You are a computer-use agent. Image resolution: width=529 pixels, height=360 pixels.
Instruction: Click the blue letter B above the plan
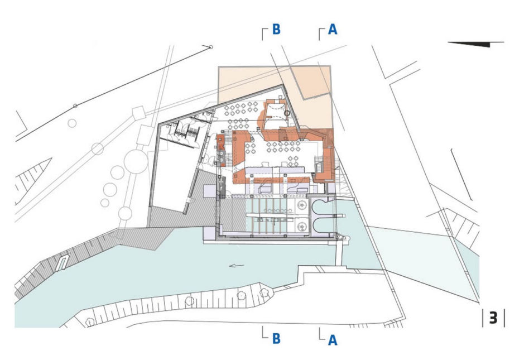(x=276, y=30)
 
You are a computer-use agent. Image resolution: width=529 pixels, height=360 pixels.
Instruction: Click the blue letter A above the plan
(x=333, y=30)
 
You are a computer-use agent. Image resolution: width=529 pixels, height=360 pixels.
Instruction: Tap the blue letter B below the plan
(x=276, y=338)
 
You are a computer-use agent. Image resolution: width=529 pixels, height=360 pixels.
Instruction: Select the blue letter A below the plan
(x=333, y=340)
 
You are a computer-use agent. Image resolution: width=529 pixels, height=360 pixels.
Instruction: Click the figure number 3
(x=493, y=318)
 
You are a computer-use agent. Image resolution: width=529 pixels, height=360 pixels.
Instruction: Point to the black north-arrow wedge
(x=475, y=44)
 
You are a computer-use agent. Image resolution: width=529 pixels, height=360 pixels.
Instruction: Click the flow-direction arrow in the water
(x=237, y=266)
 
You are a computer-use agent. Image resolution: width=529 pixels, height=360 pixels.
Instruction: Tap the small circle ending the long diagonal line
(x=211, y=47)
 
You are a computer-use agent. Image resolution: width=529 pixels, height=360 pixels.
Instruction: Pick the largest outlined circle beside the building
(x=136, y=162)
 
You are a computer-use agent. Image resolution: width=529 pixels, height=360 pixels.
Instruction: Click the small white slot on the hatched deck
(x=62, y=262)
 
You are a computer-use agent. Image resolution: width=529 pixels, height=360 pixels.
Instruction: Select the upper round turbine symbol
(x=302, y=205)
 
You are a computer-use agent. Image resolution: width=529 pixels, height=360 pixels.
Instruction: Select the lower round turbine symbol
(x=302, y=226)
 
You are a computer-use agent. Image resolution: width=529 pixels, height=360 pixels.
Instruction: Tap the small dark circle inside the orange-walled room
(x=287, y=113)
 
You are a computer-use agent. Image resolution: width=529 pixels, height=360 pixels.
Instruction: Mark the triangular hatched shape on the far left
(x=32, y=180)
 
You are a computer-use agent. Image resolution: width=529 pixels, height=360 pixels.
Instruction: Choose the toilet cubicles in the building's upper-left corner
(x=185, y=131)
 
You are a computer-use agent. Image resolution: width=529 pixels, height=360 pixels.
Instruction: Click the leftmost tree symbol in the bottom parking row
(x=90, y=321)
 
